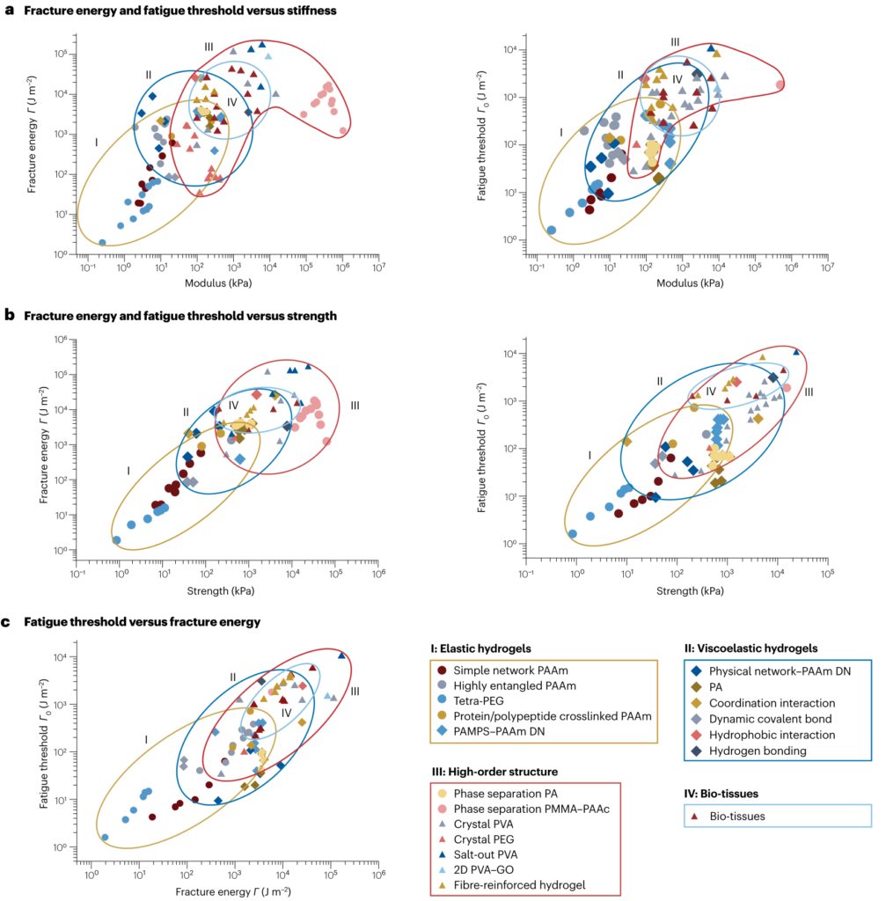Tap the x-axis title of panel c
click(x=233, y=891)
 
